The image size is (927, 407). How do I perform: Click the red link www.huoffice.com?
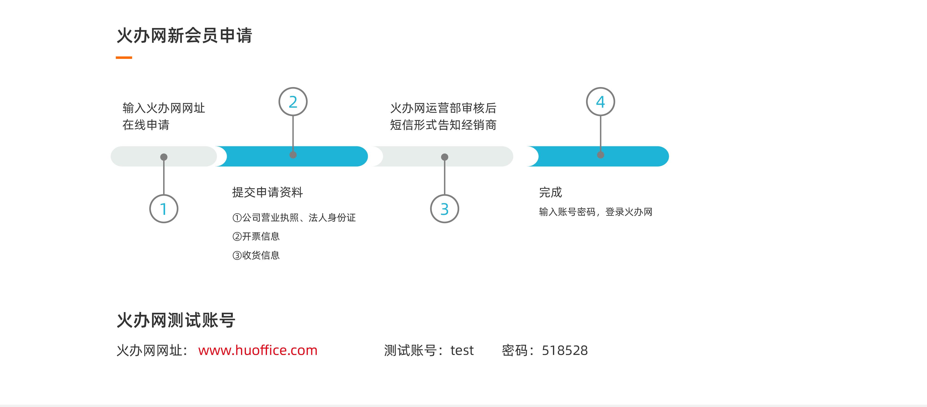pos(258,350)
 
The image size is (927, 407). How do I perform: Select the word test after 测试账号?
pos(462,350)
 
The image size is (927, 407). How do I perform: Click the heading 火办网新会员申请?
pos(184,35)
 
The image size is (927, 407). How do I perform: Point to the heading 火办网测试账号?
pos(176,320)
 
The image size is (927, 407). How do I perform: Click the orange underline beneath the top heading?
pos(124,57)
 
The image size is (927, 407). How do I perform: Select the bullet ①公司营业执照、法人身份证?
pos(294,218)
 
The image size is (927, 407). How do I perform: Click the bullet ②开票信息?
pos(256,236)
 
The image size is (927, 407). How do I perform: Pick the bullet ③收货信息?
pos(256,255)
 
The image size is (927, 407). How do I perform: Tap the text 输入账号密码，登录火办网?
pos(596,212)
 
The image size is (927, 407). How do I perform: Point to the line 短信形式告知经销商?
pos(443,125)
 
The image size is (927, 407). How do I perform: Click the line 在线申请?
pos(146,125)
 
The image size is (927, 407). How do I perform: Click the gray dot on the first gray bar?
pos(164,157)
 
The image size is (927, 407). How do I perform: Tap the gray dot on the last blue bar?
pos(600,155)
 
